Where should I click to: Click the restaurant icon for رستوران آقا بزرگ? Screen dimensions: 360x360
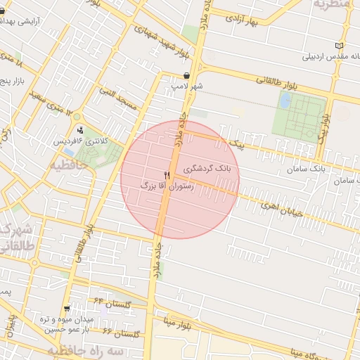click(x=167, y=175)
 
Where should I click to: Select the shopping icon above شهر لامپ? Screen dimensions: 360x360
click(x=186, y=75)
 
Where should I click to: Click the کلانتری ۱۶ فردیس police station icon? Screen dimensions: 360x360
click(x=80, y=130)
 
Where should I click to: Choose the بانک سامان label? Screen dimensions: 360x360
click(x=307, y=170)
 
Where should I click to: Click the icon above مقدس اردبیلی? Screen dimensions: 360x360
click(x=340, y=46)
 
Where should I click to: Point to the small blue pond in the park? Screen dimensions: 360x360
click(x=285, y=101)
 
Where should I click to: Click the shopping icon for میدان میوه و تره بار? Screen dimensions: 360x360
click(x=67, y=309)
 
